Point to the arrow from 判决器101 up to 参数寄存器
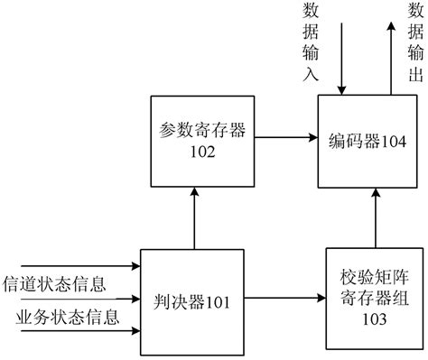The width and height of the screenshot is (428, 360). coord(195,216)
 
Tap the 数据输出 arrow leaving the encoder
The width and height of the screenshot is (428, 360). coord(391,54)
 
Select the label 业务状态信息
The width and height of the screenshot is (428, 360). coord(56,317)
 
